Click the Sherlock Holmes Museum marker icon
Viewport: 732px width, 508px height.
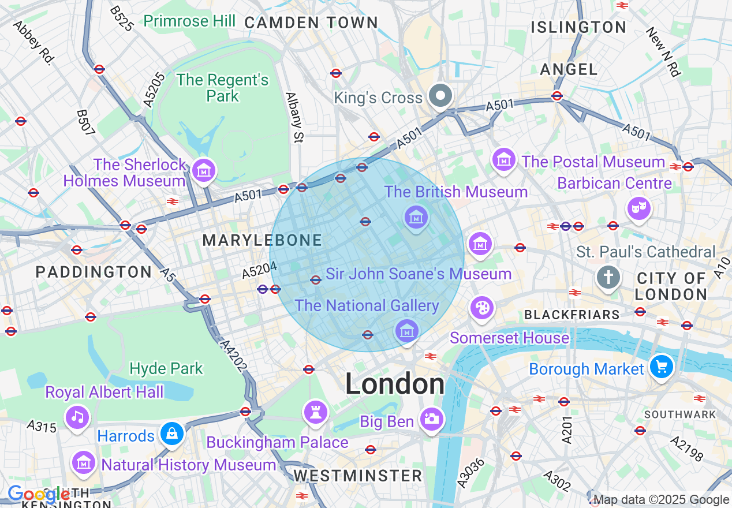coord(204,170)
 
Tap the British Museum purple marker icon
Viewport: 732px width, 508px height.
coord(416,217)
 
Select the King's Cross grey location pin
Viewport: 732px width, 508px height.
coord(442,96)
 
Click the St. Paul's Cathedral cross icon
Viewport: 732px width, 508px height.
coord(608,278)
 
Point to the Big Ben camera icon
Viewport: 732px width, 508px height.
coord(431,419)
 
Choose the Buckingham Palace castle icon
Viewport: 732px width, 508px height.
coord(316,412)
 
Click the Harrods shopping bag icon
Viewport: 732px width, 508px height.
coord(171,434)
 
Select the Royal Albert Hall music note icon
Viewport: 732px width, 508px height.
coord(77,416)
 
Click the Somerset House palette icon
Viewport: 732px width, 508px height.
coord(481,308)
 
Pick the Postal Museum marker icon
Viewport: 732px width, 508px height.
coord(504,159)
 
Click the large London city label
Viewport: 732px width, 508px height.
coord(395,384)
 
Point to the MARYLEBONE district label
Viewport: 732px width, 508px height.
coord(262,241)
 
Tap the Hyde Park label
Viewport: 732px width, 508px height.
coord(166,368)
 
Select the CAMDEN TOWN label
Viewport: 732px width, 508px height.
coord(311,23)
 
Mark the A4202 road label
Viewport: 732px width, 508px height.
coord(234,356)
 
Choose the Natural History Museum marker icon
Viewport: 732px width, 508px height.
coord(83,462)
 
